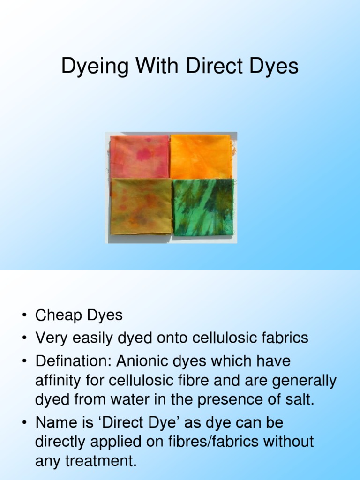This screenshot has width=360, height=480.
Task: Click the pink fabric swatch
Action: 139,157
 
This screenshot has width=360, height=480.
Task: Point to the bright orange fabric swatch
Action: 201,157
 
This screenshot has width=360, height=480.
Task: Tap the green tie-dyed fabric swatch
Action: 203,207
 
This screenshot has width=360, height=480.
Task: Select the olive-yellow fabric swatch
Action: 141,206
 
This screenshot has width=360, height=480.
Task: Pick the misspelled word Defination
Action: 73,361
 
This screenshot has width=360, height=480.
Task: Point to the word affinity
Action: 59,381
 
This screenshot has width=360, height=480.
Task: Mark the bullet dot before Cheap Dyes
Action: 23,316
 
